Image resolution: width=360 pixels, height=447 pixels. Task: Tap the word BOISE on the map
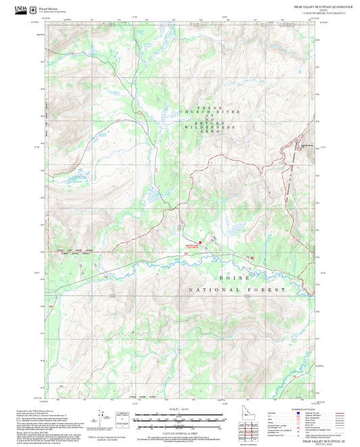234,278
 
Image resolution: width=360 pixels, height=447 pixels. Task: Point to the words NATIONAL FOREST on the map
236,289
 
